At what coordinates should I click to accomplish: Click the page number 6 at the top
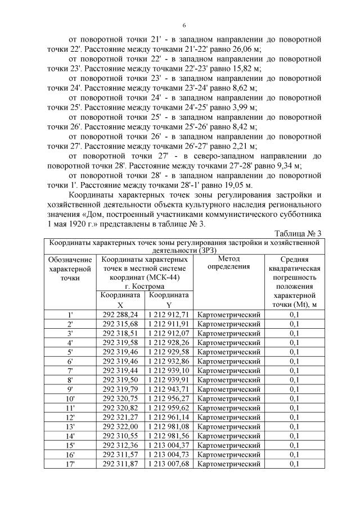click(184, 26)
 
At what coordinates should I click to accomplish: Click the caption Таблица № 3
click(298, 233)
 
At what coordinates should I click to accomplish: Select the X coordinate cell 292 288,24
click(120, 315)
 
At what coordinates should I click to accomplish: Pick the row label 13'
click(70, 428)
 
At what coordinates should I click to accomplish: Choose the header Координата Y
click(168, 300)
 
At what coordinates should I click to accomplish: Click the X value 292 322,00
click(120, 428)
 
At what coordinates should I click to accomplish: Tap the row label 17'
click(70, 464)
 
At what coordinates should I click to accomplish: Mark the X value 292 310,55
click(120, 437)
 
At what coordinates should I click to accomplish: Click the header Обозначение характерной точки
click(70, 268)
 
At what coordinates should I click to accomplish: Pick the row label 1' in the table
click(70, 315)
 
